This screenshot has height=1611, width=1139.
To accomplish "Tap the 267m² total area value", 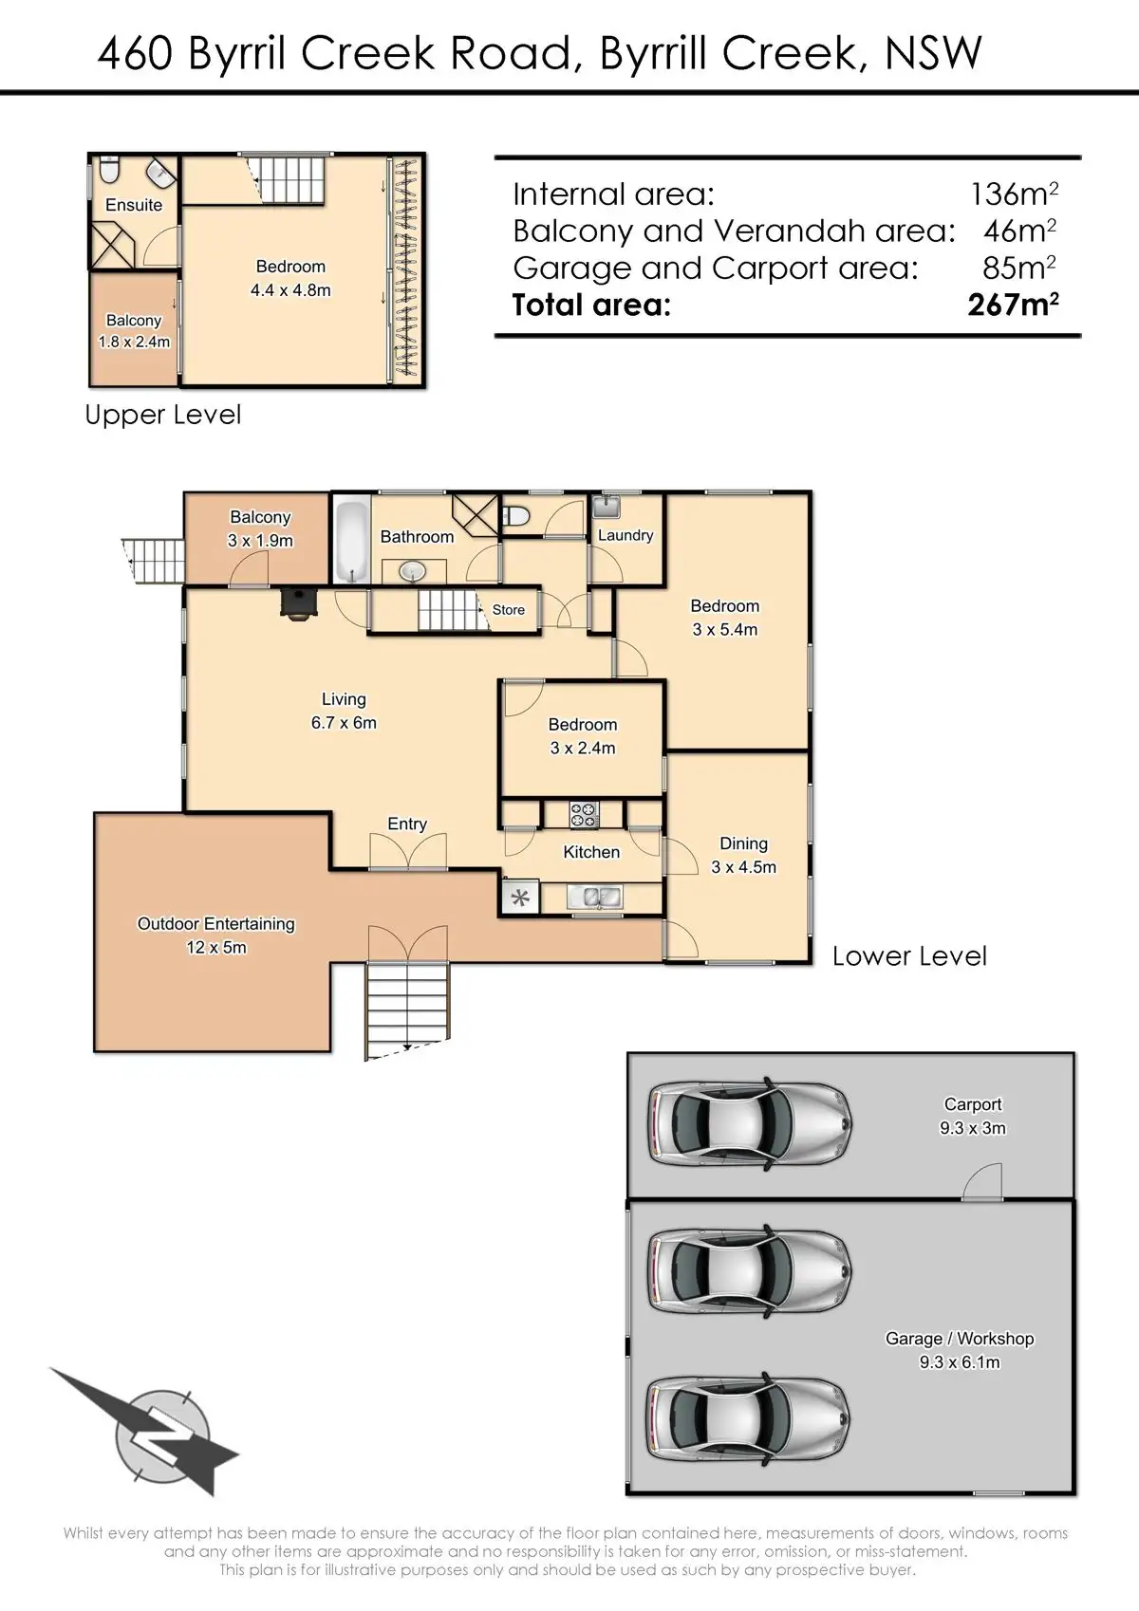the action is pyautogui.click(x=1013, y=305).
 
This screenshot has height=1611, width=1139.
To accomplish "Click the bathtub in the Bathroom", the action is pyautogui.click(x=352, y=541).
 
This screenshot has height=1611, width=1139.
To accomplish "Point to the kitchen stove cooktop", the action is pyautogui.click(x=584, y=814).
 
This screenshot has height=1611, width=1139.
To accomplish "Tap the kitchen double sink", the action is pyautogui.click(x=594, y=897).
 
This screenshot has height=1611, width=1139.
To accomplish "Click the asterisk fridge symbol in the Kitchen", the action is pyautogui.click(x=520, y=898).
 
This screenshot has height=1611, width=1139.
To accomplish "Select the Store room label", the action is pyautogui.click(x=508, y=609).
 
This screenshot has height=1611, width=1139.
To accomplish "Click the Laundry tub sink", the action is pyautogui.click(x=607, y=507).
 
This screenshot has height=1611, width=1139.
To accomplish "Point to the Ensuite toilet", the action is pyautogui.click(x=109, y=170).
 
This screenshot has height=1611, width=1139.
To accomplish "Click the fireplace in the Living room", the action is pyautogui.click(x=298, y=602).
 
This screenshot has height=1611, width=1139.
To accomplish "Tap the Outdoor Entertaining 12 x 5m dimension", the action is pyautogui.click(x=215, y=947).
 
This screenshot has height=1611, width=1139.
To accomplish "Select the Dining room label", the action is pyautogui.click(x=743, y=843).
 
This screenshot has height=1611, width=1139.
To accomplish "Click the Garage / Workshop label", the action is pyautogui.click(x=959, y=1338).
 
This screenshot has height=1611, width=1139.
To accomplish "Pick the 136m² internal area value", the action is pyautogui.click(x=1015, y=194).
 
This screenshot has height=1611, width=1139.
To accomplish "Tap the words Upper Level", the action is pyautogui.click(x=162, y=415).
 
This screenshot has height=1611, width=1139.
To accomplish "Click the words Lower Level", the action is pyautogui.click(x=909, y=955).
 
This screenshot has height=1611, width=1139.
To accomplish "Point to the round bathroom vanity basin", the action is pyautogui.click(x=412, y=572).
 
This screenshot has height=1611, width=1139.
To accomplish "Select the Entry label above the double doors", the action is pyautogui.click(x=407, y=824).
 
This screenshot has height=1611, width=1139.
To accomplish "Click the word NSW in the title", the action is pyautogui.click(x=933, y=52).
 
